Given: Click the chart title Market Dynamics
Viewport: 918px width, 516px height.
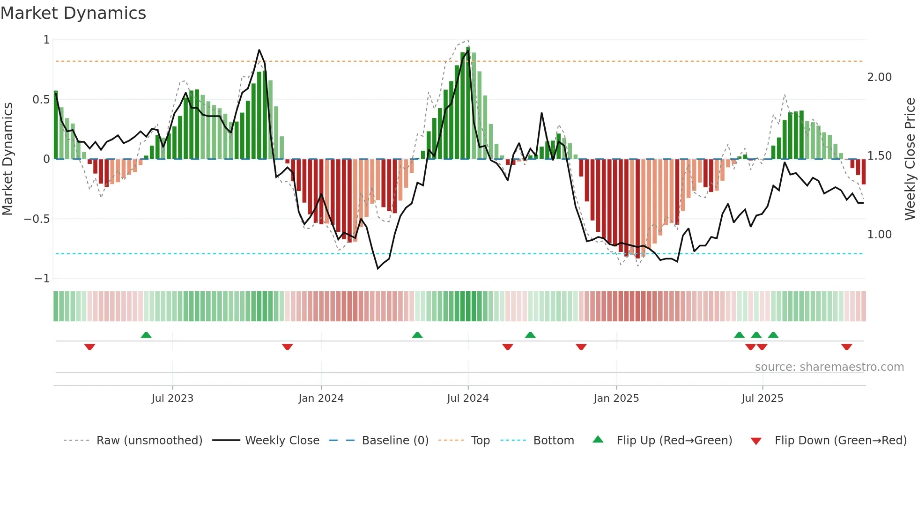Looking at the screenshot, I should (73, 13).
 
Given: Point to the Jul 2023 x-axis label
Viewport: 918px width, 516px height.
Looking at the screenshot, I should (172, 398).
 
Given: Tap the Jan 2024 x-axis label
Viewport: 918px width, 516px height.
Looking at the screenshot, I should (321, 398).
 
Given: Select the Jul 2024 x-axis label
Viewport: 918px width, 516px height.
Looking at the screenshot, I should (467, 398).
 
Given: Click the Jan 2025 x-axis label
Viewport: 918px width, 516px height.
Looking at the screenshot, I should (616, 398).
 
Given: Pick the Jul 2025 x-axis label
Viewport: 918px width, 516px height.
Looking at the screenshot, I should (762, 398).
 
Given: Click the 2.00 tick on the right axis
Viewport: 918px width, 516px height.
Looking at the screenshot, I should (879, 77).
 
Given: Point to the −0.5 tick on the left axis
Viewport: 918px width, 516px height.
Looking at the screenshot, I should (37, 219).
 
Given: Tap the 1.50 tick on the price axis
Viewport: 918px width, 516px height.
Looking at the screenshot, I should (879, 156).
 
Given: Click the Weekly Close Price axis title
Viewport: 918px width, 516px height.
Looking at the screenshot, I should (910, 159).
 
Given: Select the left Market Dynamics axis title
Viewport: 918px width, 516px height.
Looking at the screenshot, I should (7, 159).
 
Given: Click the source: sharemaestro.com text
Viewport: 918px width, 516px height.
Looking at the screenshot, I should (829, 367).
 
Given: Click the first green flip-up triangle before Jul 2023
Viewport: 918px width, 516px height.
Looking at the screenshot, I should (146, 335).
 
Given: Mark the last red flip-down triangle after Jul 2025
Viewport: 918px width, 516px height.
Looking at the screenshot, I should (846, 347).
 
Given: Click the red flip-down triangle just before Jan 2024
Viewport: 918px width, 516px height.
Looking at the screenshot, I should (287, 347).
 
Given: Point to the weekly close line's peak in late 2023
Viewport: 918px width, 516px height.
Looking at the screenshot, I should (259, 50).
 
